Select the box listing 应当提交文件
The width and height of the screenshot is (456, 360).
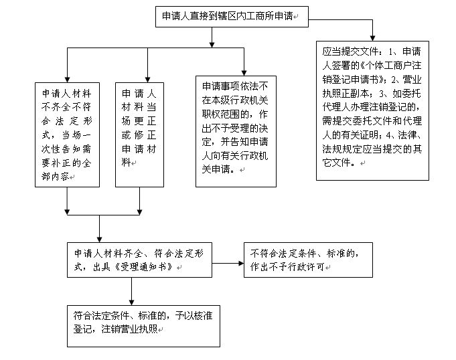click(373, 110)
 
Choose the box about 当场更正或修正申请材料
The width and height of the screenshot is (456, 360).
click(139, 133)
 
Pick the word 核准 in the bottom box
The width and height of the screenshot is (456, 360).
click(198, 314)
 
